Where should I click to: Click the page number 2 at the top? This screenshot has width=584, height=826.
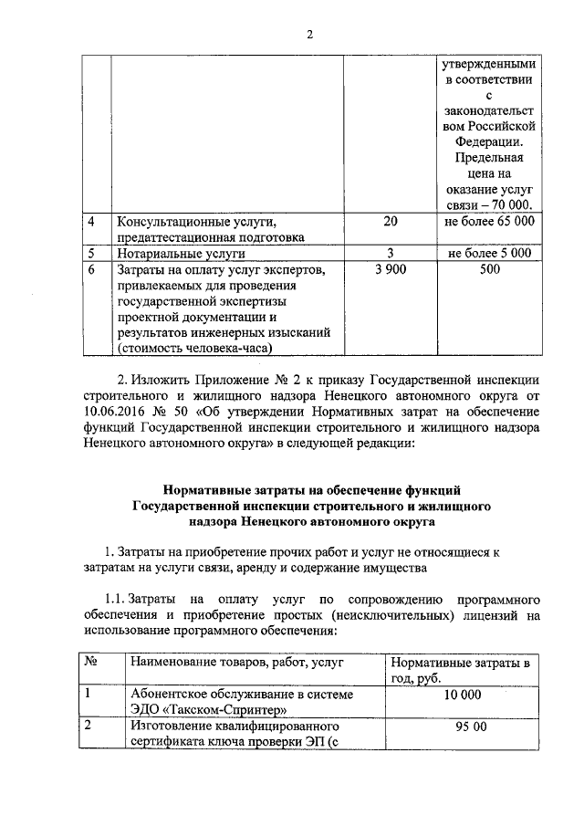click(309, 35)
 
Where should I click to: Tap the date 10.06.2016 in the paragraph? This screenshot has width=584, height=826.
click(116, 413)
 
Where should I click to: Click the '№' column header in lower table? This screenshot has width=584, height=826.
click(91, 662)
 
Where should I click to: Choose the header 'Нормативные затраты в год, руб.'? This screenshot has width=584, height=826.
click(459, 670)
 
